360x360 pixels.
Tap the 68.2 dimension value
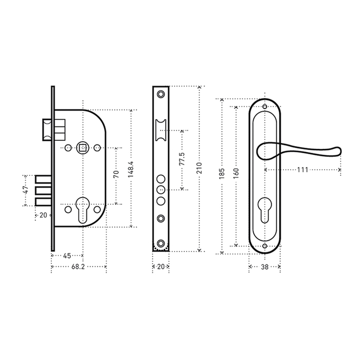click(79, 266)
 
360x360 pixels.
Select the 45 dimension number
click(67, 256)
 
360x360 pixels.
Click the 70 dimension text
click(116, 174)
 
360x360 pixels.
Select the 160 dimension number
click(236, 173)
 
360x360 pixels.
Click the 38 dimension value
click(264, 266)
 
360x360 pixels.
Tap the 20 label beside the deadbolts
click(43, 215)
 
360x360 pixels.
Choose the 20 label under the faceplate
click(160, 266)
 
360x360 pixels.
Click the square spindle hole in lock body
click(82, 149)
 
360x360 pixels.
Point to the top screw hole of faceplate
click(161, 95)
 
